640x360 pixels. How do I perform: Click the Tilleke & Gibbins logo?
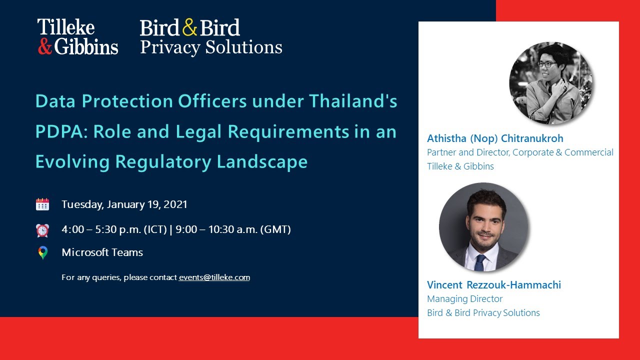[77, 36]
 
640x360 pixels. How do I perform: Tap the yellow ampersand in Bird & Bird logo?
[190, 27]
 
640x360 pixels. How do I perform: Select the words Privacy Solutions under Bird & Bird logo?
[211, 47]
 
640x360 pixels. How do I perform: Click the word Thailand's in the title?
[353, 101]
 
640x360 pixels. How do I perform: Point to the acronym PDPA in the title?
[59, 131]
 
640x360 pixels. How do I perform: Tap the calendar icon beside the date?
[42, 204]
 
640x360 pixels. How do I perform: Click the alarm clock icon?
[42, 230]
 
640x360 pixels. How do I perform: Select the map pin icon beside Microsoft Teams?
[42, 253]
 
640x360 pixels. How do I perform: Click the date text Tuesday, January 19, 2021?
[124, 204]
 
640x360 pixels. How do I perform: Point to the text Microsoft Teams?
[102, 252]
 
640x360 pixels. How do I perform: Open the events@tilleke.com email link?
[214, 277]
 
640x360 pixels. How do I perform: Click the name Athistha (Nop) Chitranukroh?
[495, 138]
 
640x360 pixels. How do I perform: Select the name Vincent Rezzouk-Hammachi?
[493, 285]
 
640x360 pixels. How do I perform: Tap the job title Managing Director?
[464, 299]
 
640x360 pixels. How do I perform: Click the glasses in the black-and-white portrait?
[546, 63]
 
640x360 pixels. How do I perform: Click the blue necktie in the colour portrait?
[480, 261]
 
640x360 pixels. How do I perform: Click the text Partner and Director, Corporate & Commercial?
[520, 152]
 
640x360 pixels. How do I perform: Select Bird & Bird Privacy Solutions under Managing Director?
[483, 313]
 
